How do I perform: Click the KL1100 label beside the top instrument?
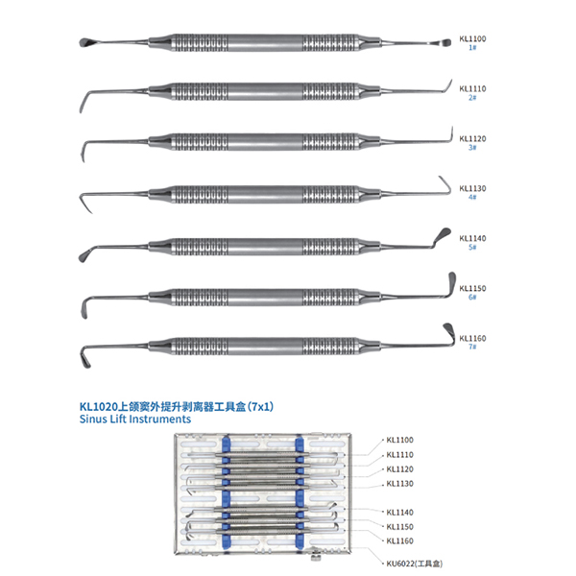pos(472,38)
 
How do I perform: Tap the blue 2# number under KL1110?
pos(472,97)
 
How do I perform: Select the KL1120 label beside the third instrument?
pos(472,138)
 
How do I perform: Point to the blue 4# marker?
pos(472,197)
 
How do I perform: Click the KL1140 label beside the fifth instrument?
pos(472,238)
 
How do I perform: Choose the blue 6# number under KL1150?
pos(472,297)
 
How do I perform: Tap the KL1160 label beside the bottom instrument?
pos(472,338)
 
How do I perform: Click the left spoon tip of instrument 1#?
pos(84,42)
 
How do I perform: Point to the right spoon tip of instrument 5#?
pos(443,233)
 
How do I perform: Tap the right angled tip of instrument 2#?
pos(448,86)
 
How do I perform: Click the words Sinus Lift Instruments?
pos(135,420)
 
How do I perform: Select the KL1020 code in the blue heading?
pos(98,407)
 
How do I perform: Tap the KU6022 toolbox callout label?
pos(415,564)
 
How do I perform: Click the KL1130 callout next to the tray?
pos(399,484)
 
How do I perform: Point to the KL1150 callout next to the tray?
pos(399,527)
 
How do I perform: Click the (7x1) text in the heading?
pos(260,407)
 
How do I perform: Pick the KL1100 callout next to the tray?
pos(399,440)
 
